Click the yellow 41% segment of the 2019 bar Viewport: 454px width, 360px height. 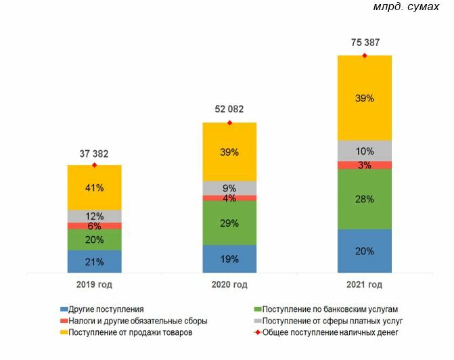tap(95, 187)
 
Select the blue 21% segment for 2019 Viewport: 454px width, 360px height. tap(95, 262)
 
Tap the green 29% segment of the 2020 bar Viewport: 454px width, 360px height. tap(229, 222)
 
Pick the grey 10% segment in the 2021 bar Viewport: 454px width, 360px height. tap(365, 150)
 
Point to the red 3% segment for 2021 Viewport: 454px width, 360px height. tap(365, 165)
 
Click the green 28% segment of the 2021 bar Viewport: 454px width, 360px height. tap(365, 199)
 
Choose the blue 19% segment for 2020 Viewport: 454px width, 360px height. tap(229, 258)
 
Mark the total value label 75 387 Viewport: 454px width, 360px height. tap(365, 42)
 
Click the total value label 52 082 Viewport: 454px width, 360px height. tap(229, 109)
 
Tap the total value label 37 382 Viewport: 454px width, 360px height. tap(94, 153)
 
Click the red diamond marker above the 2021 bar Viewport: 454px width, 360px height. tap(365, 55)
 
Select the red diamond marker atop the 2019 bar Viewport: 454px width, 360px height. tap(94, 165)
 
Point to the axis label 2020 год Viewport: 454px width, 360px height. tap(229, 285)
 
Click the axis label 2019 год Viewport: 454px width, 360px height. tap(94, 285)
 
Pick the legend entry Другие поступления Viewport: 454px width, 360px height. tap(106, 309)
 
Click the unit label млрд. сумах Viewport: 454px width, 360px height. tap(411, 7)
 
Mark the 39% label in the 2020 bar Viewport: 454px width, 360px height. tap(229, 152)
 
